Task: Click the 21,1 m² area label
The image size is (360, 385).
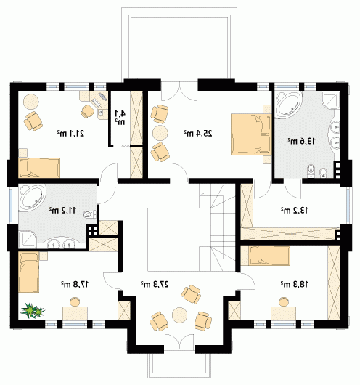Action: pyautogui.click(x=70, y=134)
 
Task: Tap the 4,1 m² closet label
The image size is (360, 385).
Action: pyautogui.click(x=120, y=117)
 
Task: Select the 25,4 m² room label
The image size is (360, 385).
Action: pyautogui.click(x=198, y=134)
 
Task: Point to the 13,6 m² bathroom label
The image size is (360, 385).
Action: pyautogui.click(x=301, y=141)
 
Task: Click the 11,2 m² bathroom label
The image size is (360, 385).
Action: pyautogui.click(x=63, y=210)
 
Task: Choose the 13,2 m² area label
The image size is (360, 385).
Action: pyautogui.click(x=295, y=210)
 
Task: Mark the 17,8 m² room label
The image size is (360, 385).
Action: pyautogui.click(x=75, y=284)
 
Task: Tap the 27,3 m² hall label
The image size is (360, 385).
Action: pyautogui.click(x=155, y=284)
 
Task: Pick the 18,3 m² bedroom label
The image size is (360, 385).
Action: pyautogui.click(x=295, y=284)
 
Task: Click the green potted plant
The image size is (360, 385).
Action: pyautogui.click(x=33, y=311)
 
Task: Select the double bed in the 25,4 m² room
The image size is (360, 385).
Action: pyautogui.click(x=251, y=134)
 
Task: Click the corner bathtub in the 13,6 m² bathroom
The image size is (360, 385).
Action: pyautogui.click(x=287, y=105)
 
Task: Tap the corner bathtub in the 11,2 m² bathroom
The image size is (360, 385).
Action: pyautogui.click(x=33, y=198)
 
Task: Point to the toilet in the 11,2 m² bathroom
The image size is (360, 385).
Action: pyautogui.click(x=89, y=214)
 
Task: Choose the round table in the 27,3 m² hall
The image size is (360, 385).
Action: pyautogui.click(x=179, y=315)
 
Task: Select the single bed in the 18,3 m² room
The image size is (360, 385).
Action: pyautogui.click(x=269, y=256)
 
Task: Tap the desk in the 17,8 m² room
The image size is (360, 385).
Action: pyautogui.click(x=75, y=313)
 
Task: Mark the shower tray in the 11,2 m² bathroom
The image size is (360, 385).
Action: pyautogui.click(x=28, y=240)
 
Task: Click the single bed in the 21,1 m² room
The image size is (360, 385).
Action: pyautogui.click(x=39, y=168)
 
